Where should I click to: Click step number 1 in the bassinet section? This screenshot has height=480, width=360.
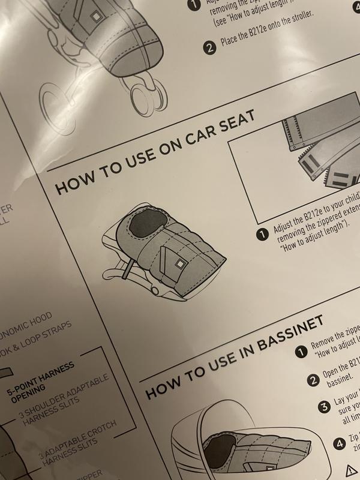click(x=299, y=352)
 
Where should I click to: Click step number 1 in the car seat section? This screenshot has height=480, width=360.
click(x=262, y=235)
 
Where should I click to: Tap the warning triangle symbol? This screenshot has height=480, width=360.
click(x=350, y=470)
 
